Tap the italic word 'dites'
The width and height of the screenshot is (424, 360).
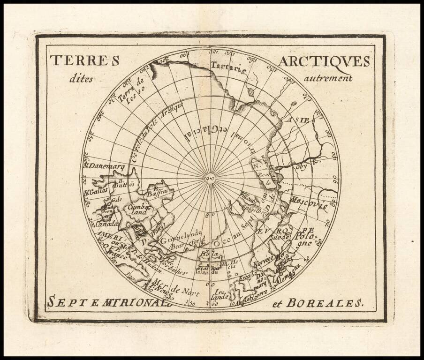(81, 78)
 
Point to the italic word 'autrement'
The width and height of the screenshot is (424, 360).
(328, 78)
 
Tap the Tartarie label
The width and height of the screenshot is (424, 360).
(228, 68)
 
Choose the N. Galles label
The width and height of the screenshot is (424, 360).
(96, 190)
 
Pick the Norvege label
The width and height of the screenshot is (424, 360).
(263, 263)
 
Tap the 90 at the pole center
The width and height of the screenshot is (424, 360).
(210, 178)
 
